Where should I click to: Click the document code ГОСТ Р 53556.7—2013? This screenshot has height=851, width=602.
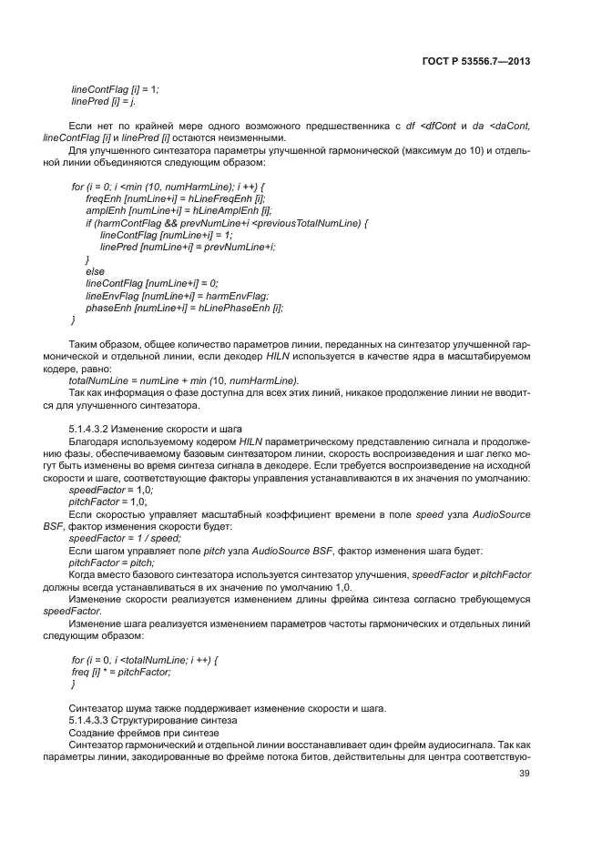[477, 61]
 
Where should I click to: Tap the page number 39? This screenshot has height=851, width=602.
[524, 774]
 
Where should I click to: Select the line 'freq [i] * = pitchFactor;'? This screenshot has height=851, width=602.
[121, 671]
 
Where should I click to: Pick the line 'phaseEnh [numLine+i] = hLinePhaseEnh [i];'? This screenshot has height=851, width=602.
[184, 308]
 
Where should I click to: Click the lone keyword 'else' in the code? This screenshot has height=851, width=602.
[95, 271]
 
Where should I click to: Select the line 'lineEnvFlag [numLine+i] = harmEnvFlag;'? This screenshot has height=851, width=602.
[178, 296]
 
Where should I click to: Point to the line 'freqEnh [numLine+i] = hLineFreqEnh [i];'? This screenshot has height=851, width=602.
[175, 198]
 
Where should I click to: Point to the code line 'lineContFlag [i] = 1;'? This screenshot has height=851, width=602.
[115, 88]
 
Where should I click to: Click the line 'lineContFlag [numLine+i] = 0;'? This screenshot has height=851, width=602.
[158, 283]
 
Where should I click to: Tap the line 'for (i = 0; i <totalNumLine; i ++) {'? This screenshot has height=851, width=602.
[146, 658]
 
